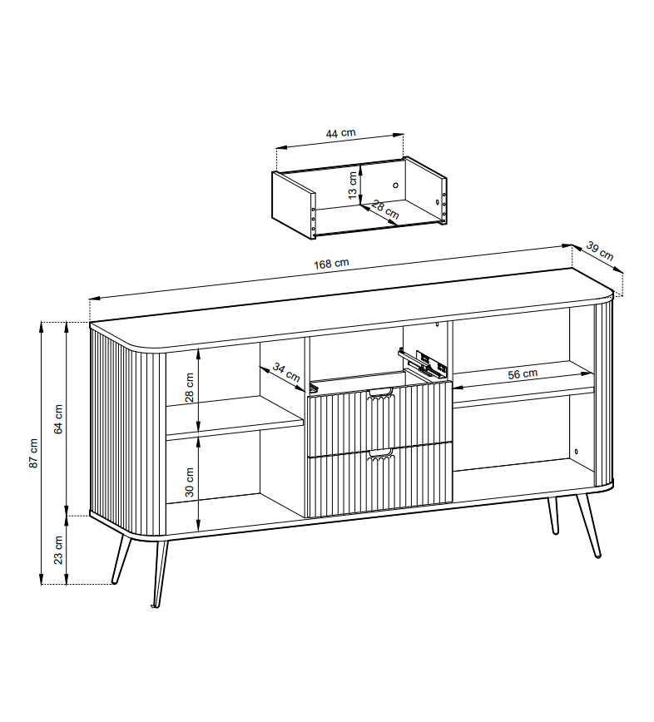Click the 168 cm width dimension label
331,264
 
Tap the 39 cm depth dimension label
600,251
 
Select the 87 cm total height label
33,453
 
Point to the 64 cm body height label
58,419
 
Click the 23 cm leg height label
58,549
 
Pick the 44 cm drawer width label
341,133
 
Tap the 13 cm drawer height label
353,185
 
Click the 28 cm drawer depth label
385,210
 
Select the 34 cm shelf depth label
286,372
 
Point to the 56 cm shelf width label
523,374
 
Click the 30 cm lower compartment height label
189,482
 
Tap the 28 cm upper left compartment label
189,388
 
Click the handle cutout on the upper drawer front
380,393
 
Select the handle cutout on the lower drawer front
380,454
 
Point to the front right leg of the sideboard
588,526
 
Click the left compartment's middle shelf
234,416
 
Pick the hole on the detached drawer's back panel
395,185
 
